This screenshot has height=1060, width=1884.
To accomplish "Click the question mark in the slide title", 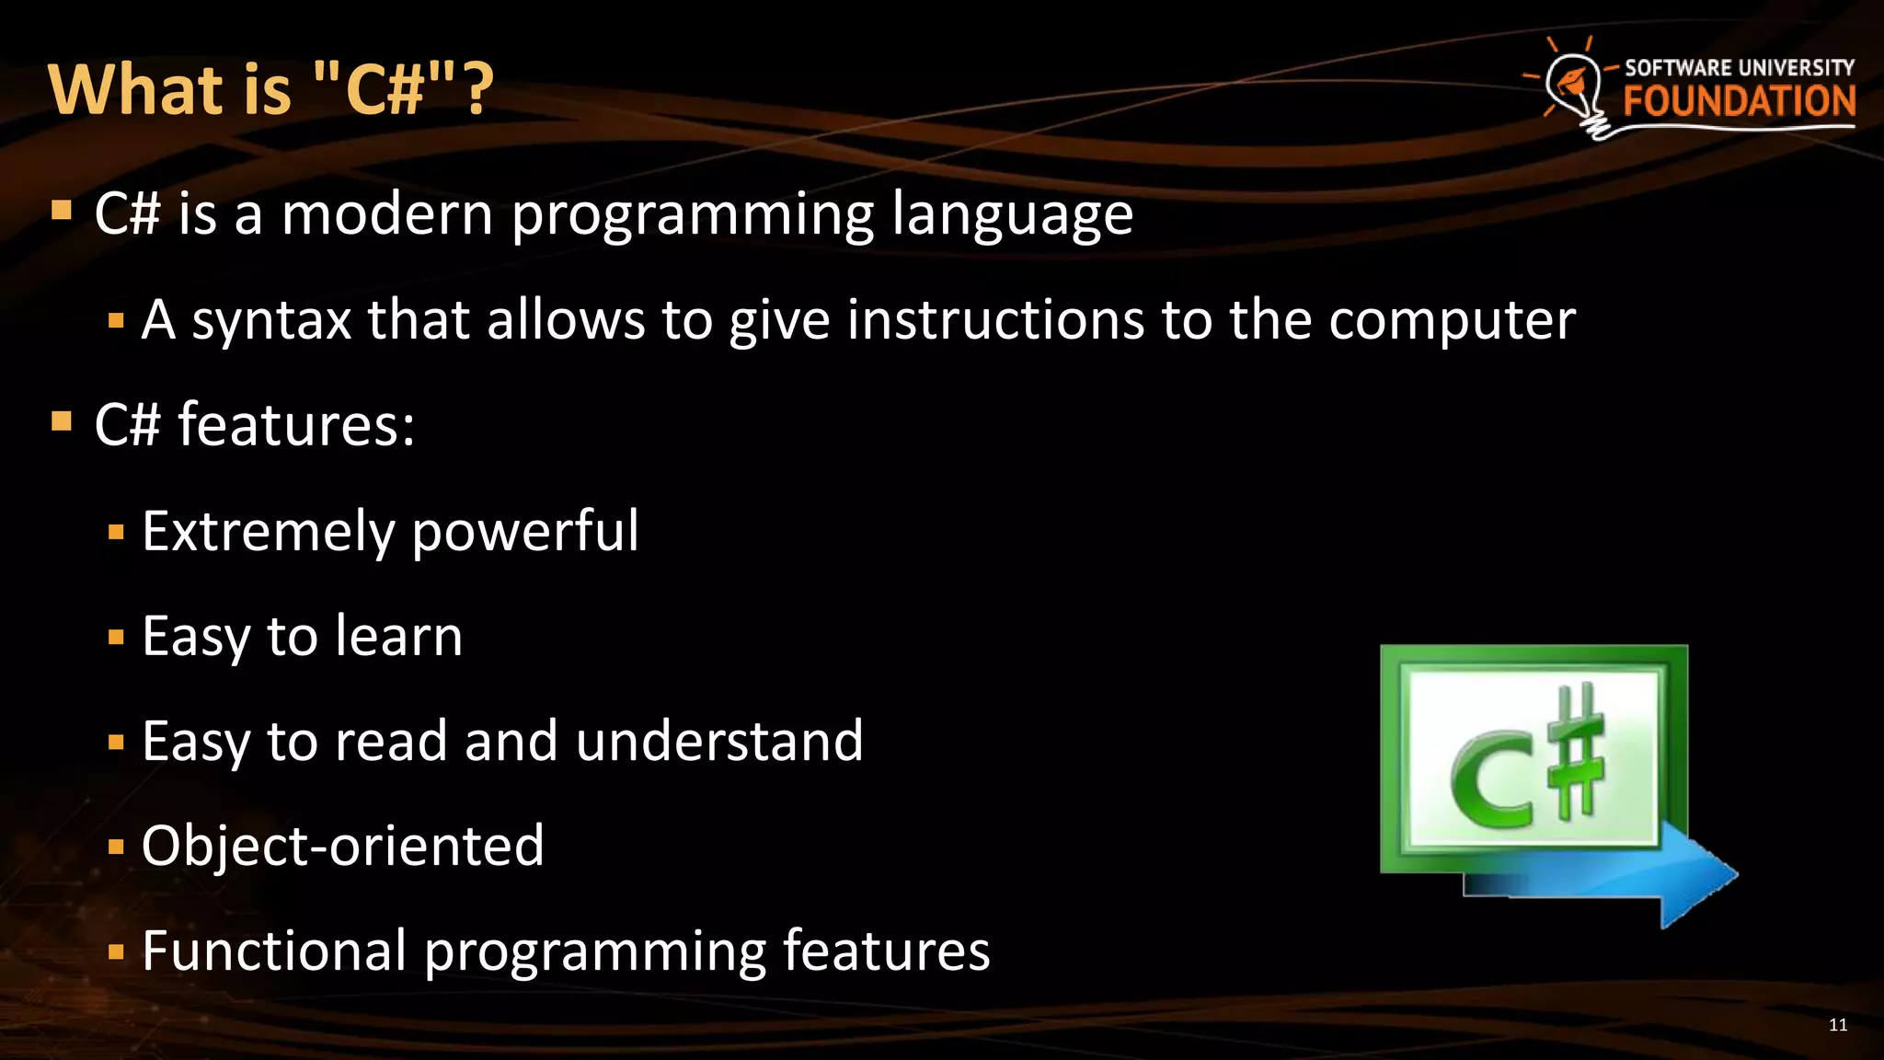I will (x=479, y=90).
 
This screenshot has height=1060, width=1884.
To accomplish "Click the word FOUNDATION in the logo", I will (x=1739, y=101).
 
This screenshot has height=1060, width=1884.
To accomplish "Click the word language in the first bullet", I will (x=1012, y=216).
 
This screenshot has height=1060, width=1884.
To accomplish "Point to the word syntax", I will (x=271, y=321).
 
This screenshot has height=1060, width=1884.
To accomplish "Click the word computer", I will (x=1452, y=321).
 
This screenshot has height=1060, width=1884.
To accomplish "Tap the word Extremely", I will (x=268, y=532).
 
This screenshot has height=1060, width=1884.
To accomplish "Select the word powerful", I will (x=524, y=532).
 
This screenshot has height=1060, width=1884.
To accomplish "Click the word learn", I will (x=398, y=636).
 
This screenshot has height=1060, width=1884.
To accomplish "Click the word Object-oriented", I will (x=342, y=846).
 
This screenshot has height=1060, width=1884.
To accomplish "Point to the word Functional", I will (x=274, y=951).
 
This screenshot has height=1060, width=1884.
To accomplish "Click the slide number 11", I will (x=1837, y=1025).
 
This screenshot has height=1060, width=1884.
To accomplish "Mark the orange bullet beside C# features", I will (x=62, y=422).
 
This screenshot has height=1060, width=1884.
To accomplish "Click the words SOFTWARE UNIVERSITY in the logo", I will (x=1739, y=68).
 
